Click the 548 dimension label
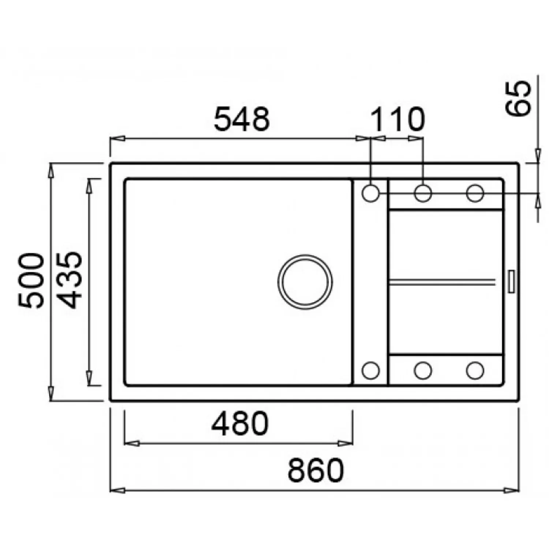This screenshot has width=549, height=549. click(x=242, y=119)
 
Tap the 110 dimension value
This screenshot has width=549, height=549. click(x=398, y=119)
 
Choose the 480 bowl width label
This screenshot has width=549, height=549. click(x=240, y=423)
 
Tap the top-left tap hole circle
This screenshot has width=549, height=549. click(x=371, y=193)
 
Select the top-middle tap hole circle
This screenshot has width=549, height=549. click(x=423, y=193)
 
